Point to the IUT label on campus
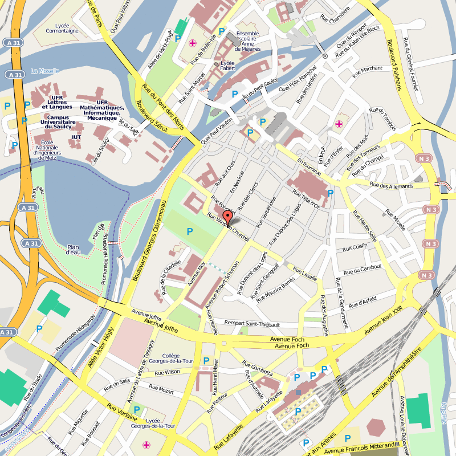click(x=76, y=137)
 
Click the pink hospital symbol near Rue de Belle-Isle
click(x=193, y=43)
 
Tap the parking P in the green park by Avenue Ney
click(x=190, y=231)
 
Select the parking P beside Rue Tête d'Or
click(x=330, y=193)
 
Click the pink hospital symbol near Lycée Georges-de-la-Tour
click(x=146, y=445)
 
